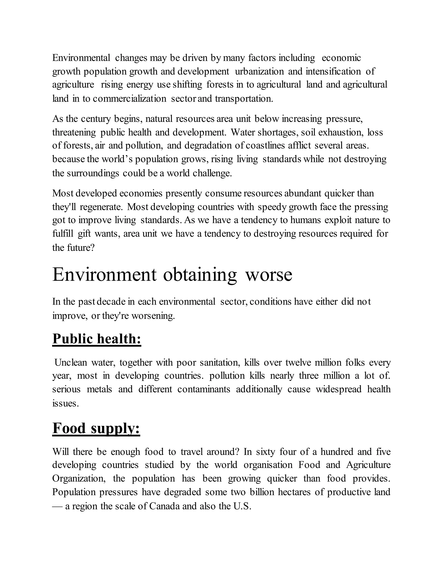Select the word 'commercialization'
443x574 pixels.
click(x=129, y=99)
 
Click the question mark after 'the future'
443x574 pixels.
click(x=92, y=248)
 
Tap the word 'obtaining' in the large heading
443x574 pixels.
click(x=200, y=275)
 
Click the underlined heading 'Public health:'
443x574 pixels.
click(x=96, y=339)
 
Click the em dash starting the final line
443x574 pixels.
click(x=57, y=506)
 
